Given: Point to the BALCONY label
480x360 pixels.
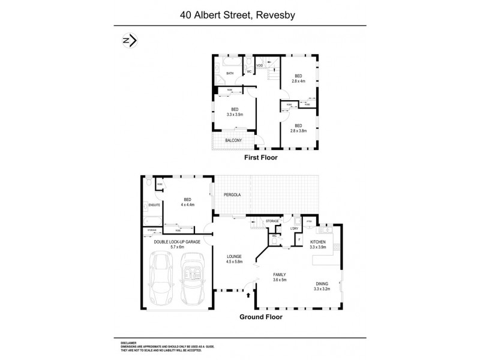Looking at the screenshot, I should click(233, 140).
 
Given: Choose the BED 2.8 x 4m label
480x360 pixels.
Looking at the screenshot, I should click(298, 78).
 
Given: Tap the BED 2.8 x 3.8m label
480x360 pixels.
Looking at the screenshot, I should click(298, 128).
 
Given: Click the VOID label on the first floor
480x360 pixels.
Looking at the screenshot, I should click(260, 65).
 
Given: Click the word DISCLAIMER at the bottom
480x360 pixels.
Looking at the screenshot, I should click(131, 340).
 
